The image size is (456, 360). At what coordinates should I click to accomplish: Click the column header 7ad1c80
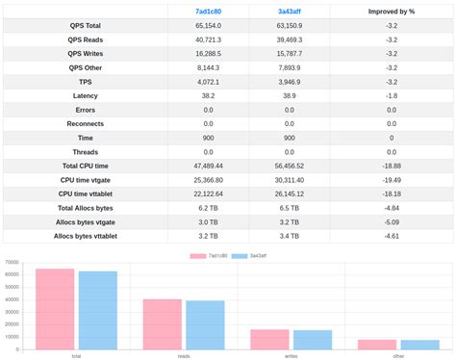(x=208, y=12)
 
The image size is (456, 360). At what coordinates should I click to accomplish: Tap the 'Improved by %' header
(x=391, y=12)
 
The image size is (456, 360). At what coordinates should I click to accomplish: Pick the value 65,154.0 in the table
(x=208, y=26)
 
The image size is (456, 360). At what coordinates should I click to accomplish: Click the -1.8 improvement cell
(x=391, y=96)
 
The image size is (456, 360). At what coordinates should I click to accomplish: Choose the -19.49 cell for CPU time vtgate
(x=391, y=179)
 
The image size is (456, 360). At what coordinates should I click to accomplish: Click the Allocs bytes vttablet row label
(x=86, y=235)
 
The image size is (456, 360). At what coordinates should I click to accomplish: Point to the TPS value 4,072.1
(x=208, y=82)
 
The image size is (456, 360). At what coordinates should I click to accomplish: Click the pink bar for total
(x=55, y=308)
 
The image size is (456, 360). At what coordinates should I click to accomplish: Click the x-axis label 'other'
(x=398, y=355)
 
